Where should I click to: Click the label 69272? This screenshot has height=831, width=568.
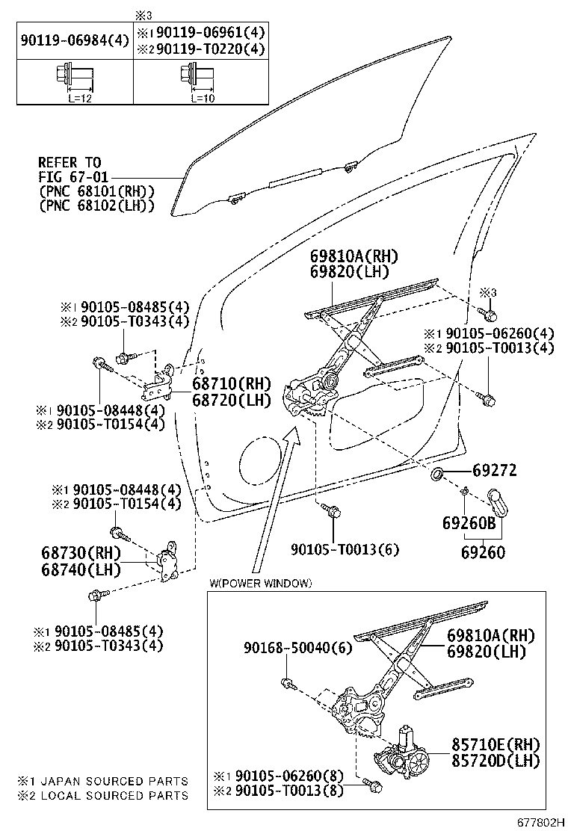point(494,472)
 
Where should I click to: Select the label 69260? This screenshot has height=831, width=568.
point(482,554)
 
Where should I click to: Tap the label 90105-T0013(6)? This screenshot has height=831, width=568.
point(345,549)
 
